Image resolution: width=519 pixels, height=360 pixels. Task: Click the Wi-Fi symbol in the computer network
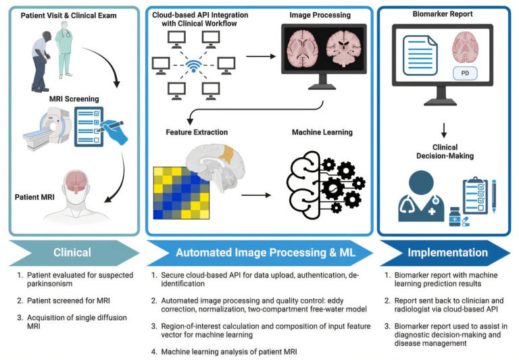tap(195, 67)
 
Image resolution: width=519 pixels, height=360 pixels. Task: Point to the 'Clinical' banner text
tap(72, 253)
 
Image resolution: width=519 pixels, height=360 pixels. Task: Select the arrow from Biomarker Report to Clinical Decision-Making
tap(444, 129)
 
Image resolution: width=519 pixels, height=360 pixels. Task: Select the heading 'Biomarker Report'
tap(443, 14)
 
